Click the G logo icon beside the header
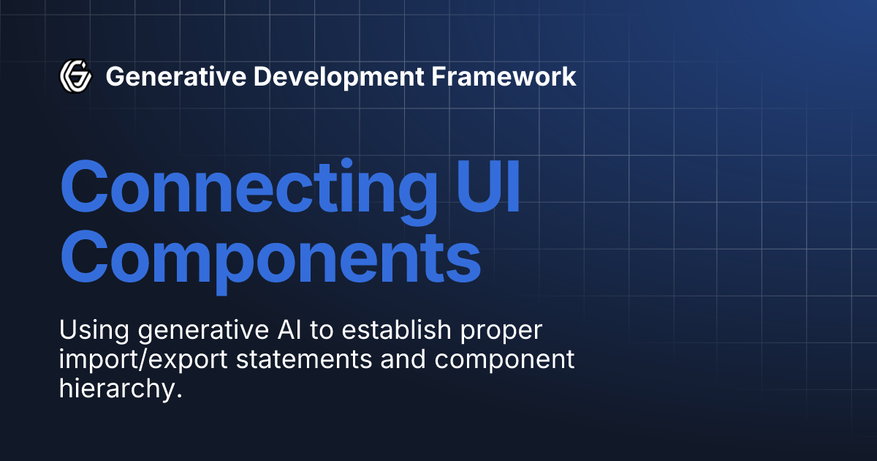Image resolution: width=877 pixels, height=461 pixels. [75, 75]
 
